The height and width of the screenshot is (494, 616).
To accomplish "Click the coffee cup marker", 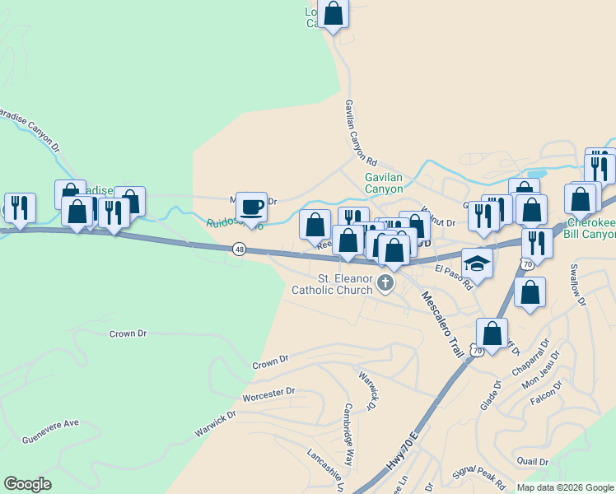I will [x=252, y=207].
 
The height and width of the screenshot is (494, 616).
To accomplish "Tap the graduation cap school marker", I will [x=477, y=263].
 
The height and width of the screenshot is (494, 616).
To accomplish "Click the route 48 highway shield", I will [x=239, y=249].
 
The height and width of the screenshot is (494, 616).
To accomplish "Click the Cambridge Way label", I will [x=353, y=423].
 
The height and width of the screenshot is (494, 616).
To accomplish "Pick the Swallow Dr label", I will [x=576, y=285].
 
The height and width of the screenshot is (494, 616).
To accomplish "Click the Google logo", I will [x=27, y=484].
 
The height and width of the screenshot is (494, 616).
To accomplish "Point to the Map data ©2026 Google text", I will [x=564, y=487].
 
